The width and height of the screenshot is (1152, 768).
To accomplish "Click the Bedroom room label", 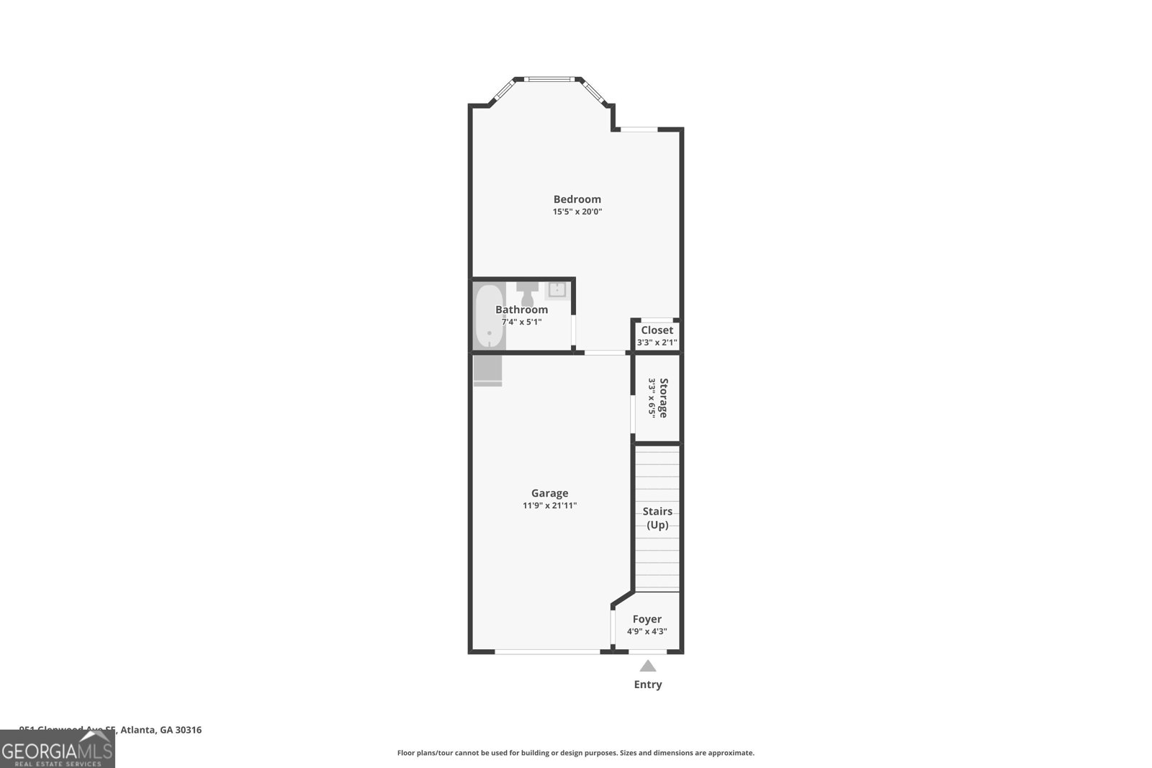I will click(x=577, y=199).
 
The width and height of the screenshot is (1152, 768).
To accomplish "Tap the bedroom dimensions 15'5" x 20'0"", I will click(x=577, y=212).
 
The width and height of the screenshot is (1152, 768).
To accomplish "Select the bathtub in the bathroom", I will click(x=489, y=317).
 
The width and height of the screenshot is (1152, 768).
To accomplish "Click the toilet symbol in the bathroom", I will click(x=527, y=292).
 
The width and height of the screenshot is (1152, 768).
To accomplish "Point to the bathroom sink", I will click(x=557, y=290).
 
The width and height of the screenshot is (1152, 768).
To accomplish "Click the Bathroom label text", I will click(x=521, y=310).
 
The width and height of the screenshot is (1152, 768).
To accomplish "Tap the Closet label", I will click(x=657, y=330).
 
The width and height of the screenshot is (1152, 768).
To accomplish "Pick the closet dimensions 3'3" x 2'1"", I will click(x=657, y=343).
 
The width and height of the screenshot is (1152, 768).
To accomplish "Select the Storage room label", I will click(x=663, y=397).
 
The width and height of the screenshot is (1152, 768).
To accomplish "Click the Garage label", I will click(x=549, y=493).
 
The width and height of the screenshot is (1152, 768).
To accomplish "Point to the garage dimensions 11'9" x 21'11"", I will click(x=549, y=506).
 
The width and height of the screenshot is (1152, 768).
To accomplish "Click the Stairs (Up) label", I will click(x=657, y=518).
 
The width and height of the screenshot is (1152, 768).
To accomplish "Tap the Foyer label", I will click(x=647, y=619).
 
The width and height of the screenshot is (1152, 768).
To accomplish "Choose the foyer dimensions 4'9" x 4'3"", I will click(x=647, y=632).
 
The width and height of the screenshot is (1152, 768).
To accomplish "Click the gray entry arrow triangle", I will click(x=648, y=666).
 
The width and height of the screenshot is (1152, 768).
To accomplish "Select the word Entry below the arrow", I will click(x=647, y=685).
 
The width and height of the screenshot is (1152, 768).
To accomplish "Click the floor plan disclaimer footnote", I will click(x=575, y=753).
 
